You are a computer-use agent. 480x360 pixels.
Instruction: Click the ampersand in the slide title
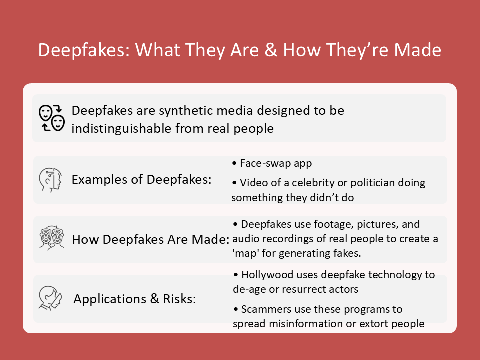click(271, 50)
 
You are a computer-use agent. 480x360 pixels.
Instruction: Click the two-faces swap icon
click(52, 118)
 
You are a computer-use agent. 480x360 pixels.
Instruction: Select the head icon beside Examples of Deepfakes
click(50, 180)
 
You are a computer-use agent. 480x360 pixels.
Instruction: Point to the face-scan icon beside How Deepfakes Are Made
click(51, 238)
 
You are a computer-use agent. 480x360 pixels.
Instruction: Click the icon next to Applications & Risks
click(51, 298)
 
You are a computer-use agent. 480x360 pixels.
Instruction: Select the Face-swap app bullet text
click(276, 163)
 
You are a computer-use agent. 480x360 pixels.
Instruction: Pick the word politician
click(373, 183)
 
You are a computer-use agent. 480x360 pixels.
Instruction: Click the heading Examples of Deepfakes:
click(141, 179)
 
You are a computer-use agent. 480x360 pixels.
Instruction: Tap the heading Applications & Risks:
click(135, 299)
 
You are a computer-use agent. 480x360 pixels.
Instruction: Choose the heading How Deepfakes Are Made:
click(151, 239)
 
